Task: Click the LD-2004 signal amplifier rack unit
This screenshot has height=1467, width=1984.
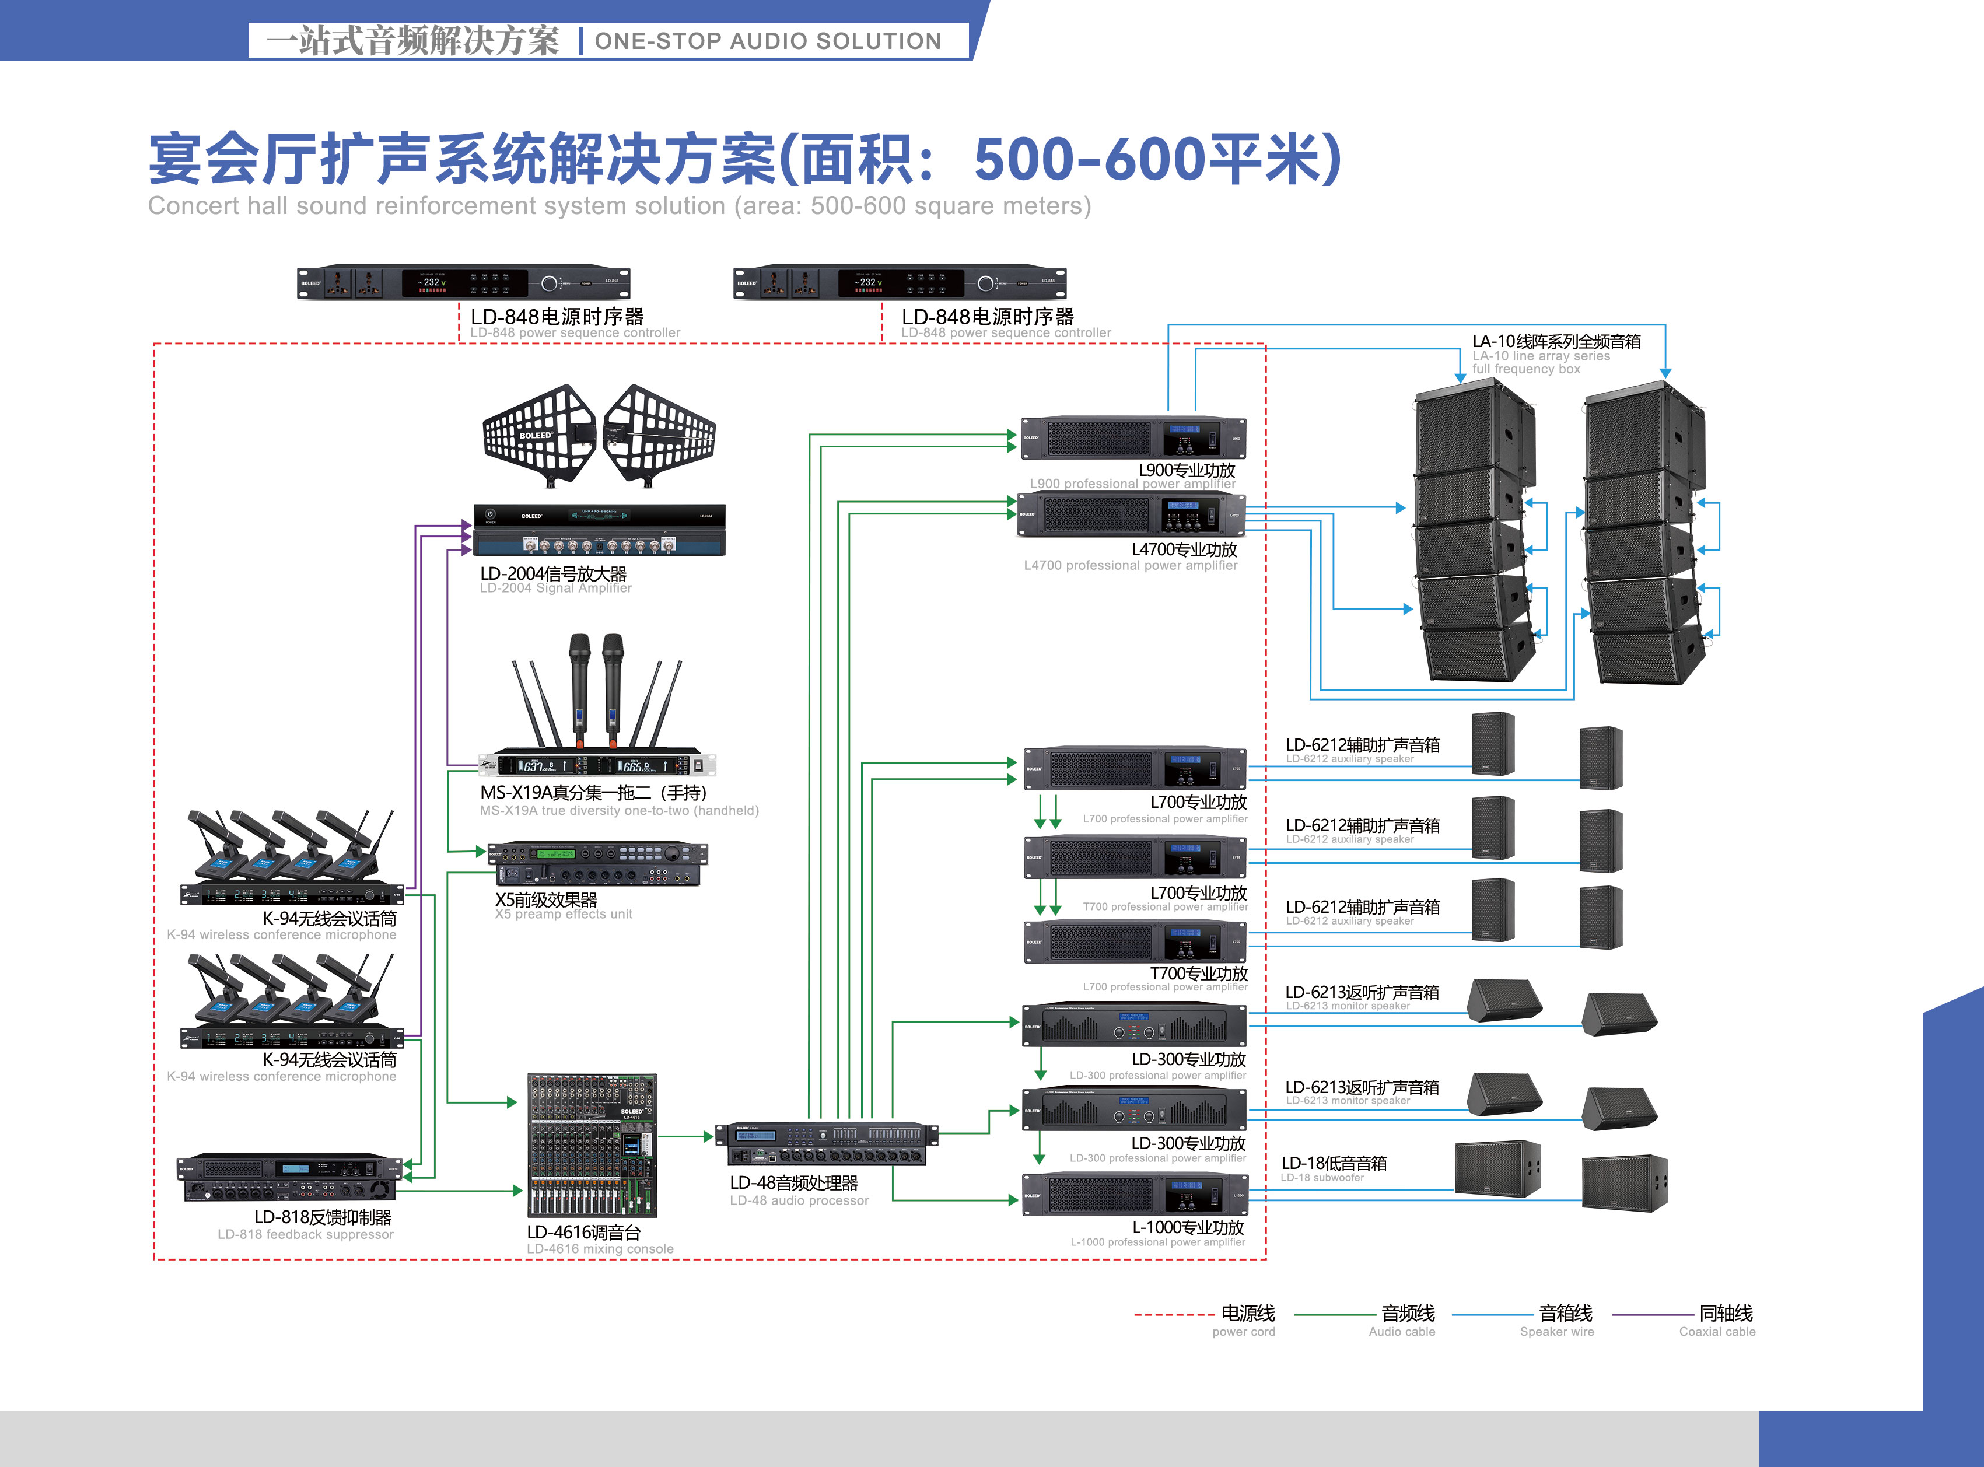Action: [600, 530]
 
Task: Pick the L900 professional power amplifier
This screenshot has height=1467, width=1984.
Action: [1132, 438]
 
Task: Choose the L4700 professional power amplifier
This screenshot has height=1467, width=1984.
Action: [1131, 515]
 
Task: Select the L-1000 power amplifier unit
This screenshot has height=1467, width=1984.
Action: [1134, 1195]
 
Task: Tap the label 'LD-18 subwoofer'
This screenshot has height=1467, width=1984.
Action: [1321, 1178]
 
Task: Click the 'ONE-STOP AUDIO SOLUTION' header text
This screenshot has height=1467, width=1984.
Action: [767, 41]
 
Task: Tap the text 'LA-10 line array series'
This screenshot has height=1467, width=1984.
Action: [1540, 356]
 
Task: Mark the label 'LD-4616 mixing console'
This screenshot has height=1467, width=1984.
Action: [600, 1248]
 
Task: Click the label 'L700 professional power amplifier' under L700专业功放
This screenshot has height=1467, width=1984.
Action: [1164, 819]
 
